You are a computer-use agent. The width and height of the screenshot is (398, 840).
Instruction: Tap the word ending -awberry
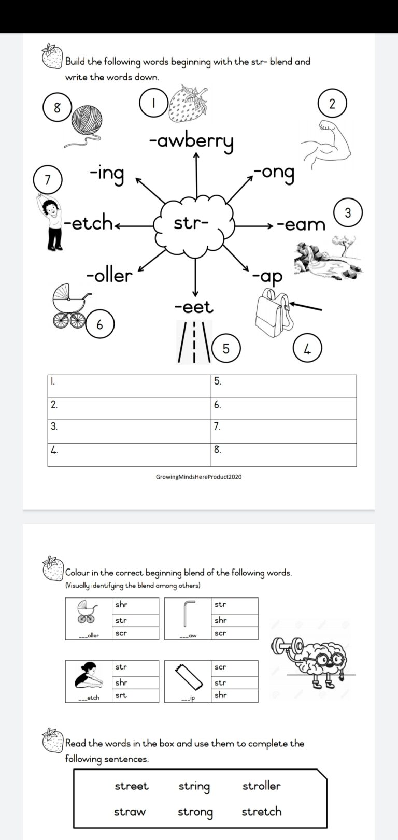191,140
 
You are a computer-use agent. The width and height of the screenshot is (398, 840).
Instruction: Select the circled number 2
332,104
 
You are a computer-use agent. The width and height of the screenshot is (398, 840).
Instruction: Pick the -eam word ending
301,224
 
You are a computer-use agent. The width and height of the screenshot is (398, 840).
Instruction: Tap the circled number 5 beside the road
225,349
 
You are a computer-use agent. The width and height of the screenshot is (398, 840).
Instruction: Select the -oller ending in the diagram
109,275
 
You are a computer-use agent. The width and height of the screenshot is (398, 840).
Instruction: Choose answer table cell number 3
129,432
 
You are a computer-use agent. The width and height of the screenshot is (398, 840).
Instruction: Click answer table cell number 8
284,455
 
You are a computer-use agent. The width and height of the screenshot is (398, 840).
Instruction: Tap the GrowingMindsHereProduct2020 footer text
198,477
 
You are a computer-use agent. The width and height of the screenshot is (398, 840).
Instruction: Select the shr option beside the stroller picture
135,605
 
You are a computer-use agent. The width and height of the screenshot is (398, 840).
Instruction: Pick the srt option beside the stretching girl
135,695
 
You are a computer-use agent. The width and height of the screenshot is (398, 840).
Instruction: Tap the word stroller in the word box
261,786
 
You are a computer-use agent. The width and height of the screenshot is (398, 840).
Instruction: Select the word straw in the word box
130,812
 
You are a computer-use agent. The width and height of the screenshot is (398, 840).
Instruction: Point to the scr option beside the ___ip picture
234,667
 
